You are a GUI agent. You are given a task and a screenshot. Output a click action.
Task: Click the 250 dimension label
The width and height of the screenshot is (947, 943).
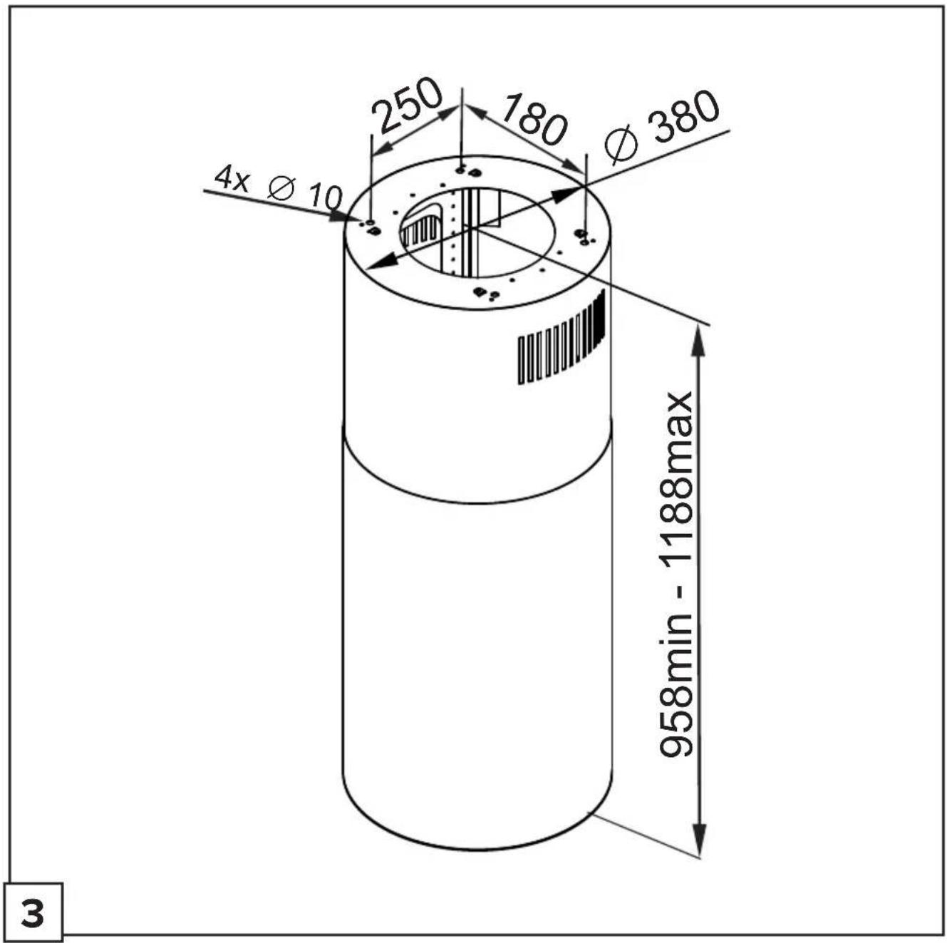tap(407, 105)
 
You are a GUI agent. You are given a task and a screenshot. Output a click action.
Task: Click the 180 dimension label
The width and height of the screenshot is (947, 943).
tap(533, 120)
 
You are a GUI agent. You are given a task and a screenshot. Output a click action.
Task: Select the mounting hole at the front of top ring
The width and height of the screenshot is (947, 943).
tap(477, 292)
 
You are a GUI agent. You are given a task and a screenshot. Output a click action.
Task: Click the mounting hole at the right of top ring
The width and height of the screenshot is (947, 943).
tap(582, 233)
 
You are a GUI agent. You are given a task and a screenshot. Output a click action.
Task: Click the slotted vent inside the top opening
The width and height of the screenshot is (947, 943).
tap(422, 229)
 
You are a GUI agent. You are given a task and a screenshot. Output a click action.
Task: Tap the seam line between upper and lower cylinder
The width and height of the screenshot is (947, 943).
tap(477, 502)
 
